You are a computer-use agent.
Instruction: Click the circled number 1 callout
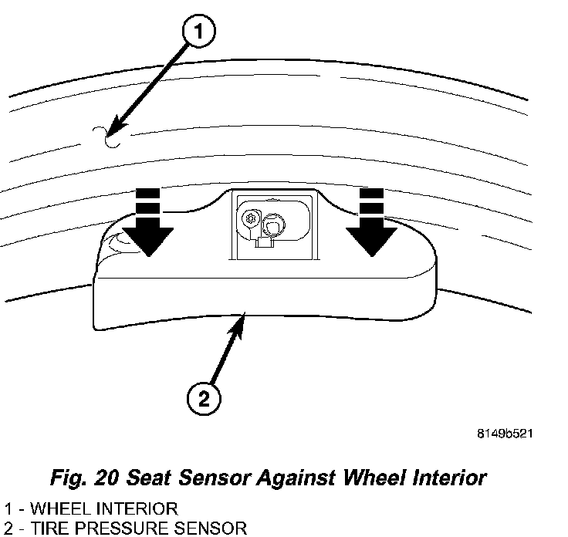pyautogui.click(x=199, y=33)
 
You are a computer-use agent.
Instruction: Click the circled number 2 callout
pyautogui.click(x=204, y=398)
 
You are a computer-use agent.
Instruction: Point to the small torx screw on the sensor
pyautogui.click(x=248, y=218)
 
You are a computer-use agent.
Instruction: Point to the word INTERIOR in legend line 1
pyautogui.click(x=137, y=508)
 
